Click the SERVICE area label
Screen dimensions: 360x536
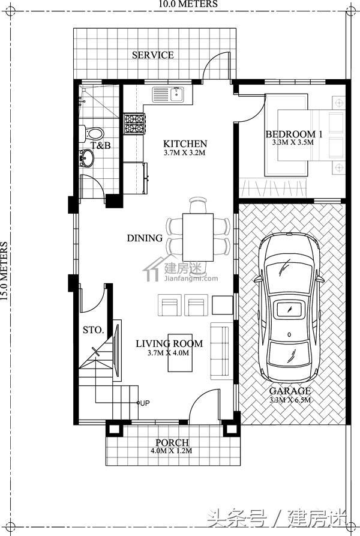tap(152, 55)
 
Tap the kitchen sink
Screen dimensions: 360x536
tap(168, 94)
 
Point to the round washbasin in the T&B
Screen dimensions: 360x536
tap(87, 158)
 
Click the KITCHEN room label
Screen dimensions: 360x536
tap(185, 143)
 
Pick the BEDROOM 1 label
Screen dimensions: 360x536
tap(294, 134)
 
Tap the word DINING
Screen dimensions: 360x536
tap(145, 238)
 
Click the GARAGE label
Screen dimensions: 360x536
tap(290, 391)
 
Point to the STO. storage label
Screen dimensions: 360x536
tap(93, 330)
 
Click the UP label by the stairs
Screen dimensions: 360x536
tap(145, 403)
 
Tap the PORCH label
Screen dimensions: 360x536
tap(172, 443)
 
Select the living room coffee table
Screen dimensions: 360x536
tap(180, 353)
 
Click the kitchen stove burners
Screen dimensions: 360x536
tap(134, 124)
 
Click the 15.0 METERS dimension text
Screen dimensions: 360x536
tap(4, 271)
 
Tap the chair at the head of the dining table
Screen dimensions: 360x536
tap(198, 205)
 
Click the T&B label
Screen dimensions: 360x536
tap(100, 145)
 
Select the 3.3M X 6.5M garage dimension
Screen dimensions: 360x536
tap(290, 400)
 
